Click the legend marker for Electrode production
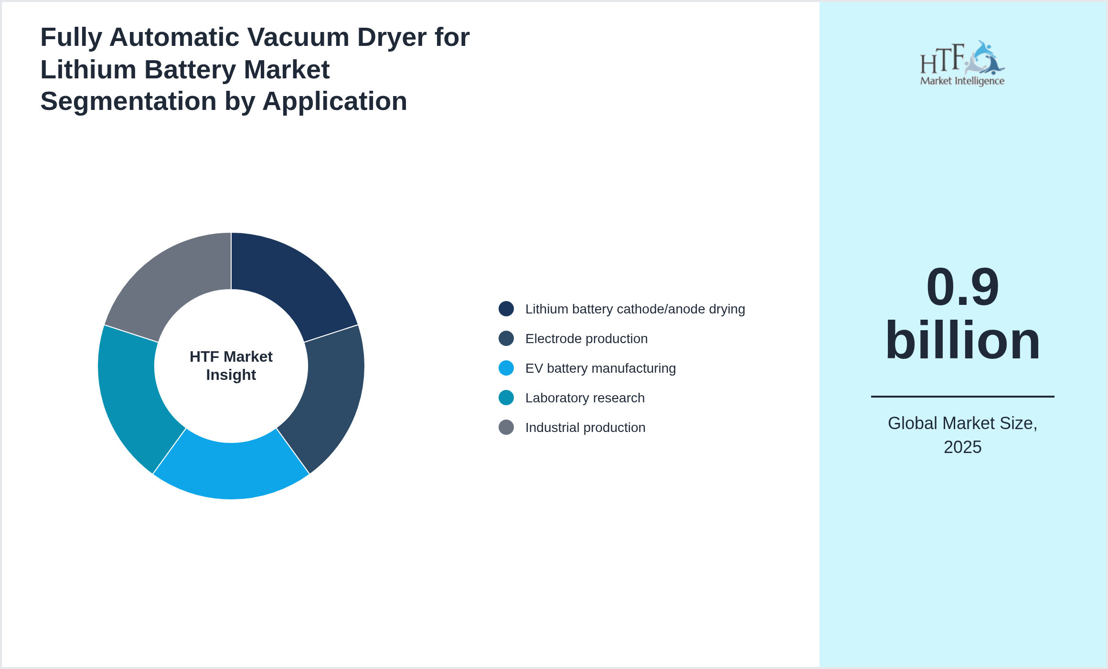click(x=506, y=338)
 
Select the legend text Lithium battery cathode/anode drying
click(x=635, y=309)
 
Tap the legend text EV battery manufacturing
click(x=600, y=368)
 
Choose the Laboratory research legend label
click(x=585, y=398)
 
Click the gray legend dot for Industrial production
click(x=506, y=427)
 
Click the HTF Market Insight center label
click(x=231, y=366)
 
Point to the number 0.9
click(x=962, y=287)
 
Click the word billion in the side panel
click(x=962, y=340)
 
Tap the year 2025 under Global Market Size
click(x=962, y=447)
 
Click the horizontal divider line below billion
click(x=962, y=396)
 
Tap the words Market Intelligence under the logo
click(x=962, y=81)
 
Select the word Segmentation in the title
click(x=128, y=101)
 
